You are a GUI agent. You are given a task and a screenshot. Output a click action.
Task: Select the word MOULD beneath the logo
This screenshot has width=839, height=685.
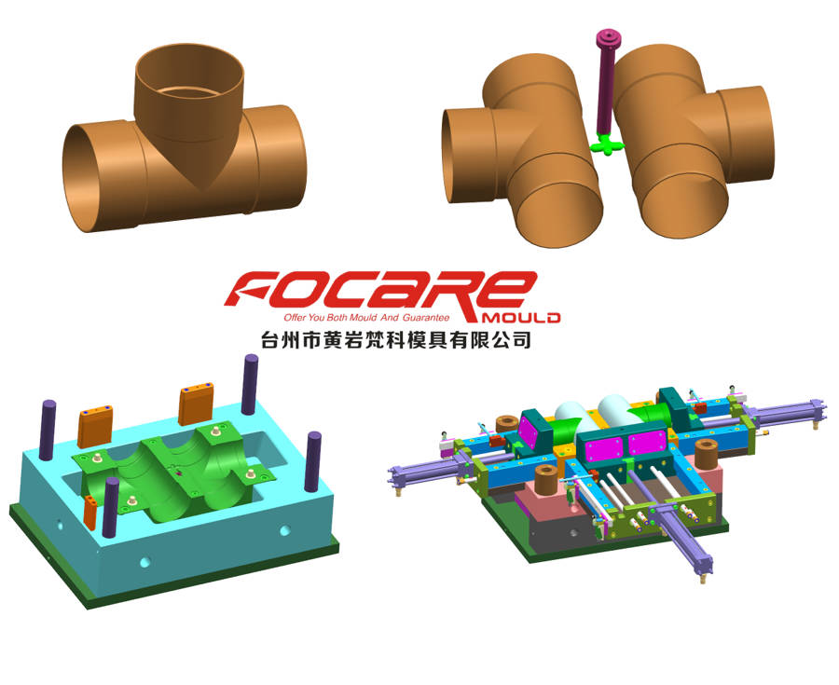click(x=521, y=318)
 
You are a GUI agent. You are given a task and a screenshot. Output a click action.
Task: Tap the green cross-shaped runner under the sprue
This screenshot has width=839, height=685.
click(x=604, y=144)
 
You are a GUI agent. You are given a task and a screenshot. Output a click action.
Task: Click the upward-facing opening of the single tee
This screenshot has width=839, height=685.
click(x=190, y=72)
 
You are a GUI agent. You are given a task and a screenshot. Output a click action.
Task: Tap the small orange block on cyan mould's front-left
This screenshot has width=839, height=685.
click(x=89, y=511)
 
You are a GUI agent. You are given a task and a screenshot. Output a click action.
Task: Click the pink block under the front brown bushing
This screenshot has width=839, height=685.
click(x=544, y=500)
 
